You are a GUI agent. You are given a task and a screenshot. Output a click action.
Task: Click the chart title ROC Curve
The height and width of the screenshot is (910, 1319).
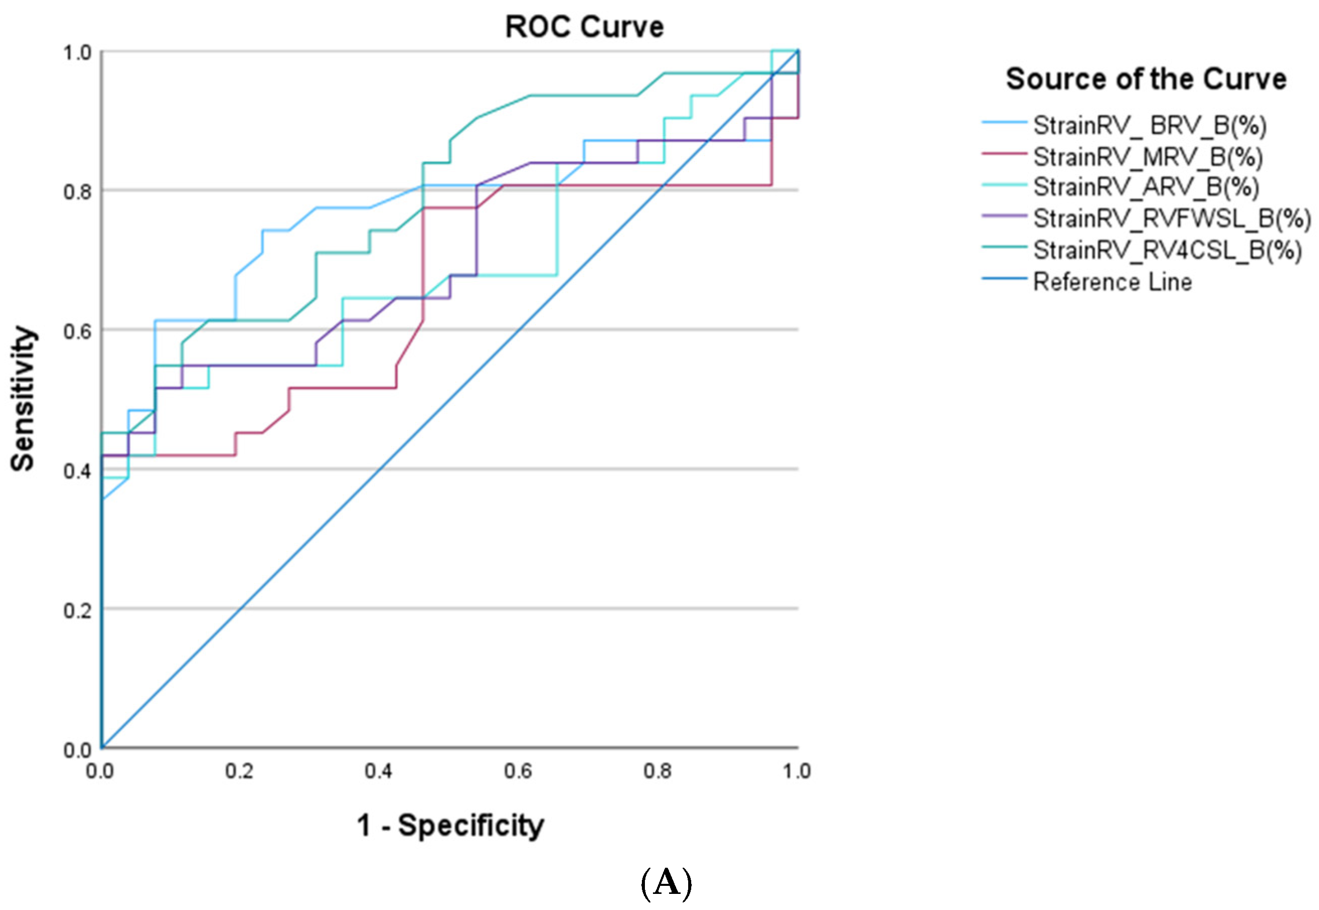point(585,27)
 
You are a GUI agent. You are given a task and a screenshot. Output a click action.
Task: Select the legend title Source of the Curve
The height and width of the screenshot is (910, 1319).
point(1146,79)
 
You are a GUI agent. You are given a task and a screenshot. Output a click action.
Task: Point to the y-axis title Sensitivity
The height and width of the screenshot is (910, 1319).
point(23,399)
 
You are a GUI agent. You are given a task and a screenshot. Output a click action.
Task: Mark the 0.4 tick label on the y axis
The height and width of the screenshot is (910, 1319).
point(77,471)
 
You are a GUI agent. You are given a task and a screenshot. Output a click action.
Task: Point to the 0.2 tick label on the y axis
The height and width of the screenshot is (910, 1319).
point(77,611)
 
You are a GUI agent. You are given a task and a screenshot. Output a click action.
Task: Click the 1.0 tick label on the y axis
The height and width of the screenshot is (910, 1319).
point(77,53)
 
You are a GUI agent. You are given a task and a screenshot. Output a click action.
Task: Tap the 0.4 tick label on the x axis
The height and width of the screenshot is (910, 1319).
point(378,772)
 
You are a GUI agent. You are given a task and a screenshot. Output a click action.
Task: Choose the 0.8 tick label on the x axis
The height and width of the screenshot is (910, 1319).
point(657,772)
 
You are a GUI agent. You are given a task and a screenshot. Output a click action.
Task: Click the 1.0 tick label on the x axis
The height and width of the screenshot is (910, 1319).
point(796,772)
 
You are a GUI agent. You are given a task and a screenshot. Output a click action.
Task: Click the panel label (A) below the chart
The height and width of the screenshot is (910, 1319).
point(666,883)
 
